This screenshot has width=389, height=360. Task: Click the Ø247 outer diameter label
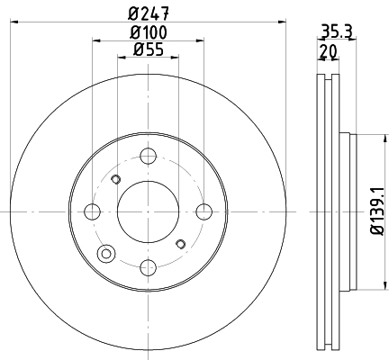pos(149,13)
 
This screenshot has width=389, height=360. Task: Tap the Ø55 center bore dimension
pos(149,50)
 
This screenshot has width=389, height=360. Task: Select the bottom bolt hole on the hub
pos(148,267)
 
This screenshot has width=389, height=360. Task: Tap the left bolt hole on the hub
pos(91,211)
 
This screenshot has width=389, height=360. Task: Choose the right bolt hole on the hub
pos(204,211)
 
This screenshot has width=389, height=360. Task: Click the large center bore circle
pos(148,211)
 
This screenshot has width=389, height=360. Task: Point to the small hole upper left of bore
pos(114,180)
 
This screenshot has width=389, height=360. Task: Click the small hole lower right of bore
pos(181,243)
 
